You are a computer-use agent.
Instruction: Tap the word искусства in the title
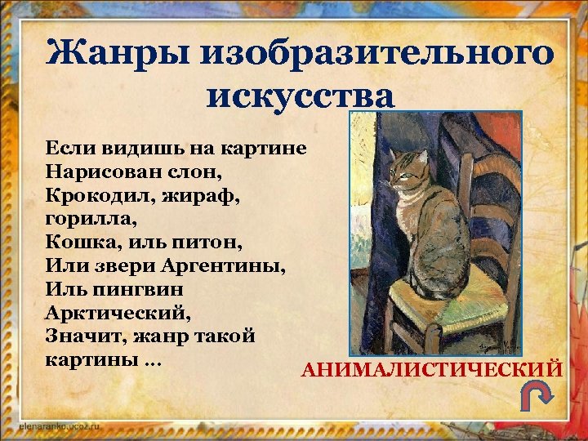pos(301,96)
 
